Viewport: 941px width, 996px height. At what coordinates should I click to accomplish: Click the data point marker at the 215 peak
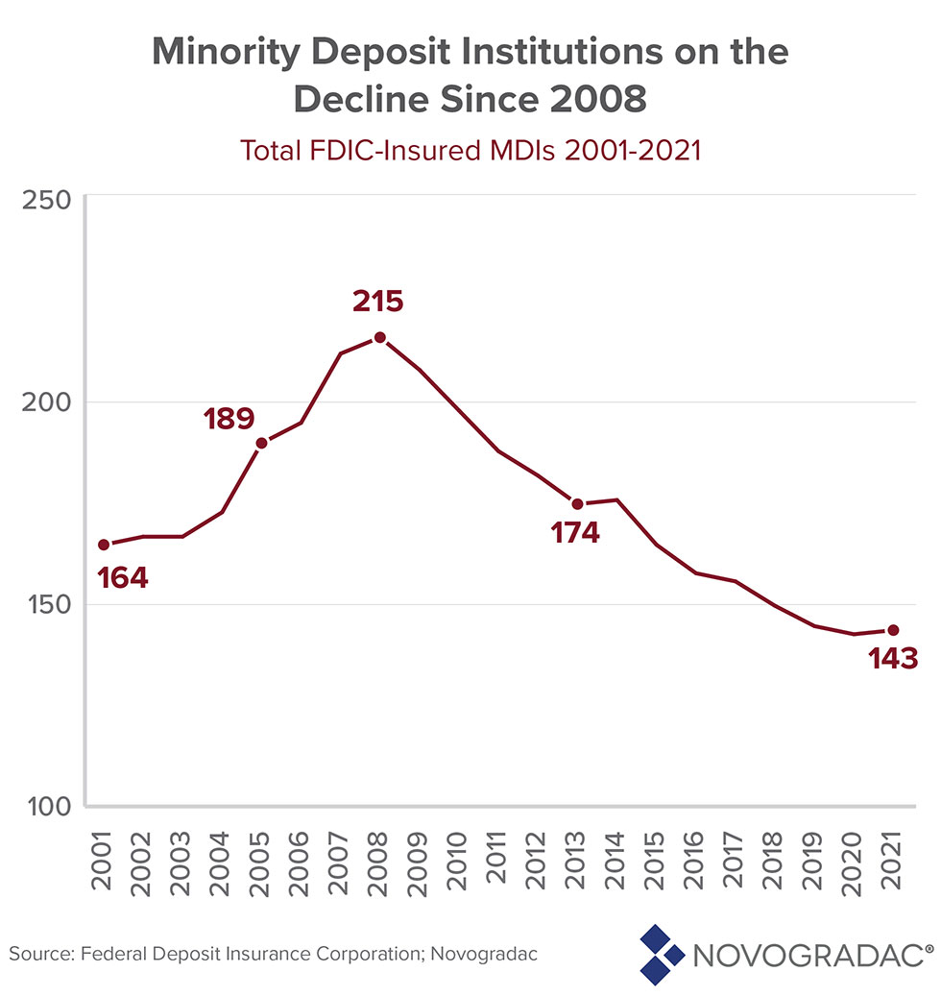tap(380, 337)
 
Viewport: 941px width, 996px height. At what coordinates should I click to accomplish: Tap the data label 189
tap(229, 418)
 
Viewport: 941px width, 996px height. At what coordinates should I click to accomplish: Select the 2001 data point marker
tap(103, 545)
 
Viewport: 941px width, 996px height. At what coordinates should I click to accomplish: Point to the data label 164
tap(123, 578)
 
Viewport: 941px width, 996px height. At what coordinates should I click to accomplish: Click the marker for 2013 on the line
tap(577, 503)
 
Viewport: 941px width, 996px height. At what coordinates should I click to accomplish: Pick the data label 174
tap(575, 533)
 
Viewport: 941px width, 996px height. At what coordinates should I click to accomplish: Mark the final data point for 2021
tap(893, 630)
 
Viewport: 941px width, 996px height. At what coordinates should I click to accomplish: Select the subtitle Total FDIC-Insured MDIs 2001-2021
tap(470, 151)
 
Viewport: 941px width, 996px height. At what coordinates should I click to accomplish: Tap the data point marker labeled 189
tap(261, 443)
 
